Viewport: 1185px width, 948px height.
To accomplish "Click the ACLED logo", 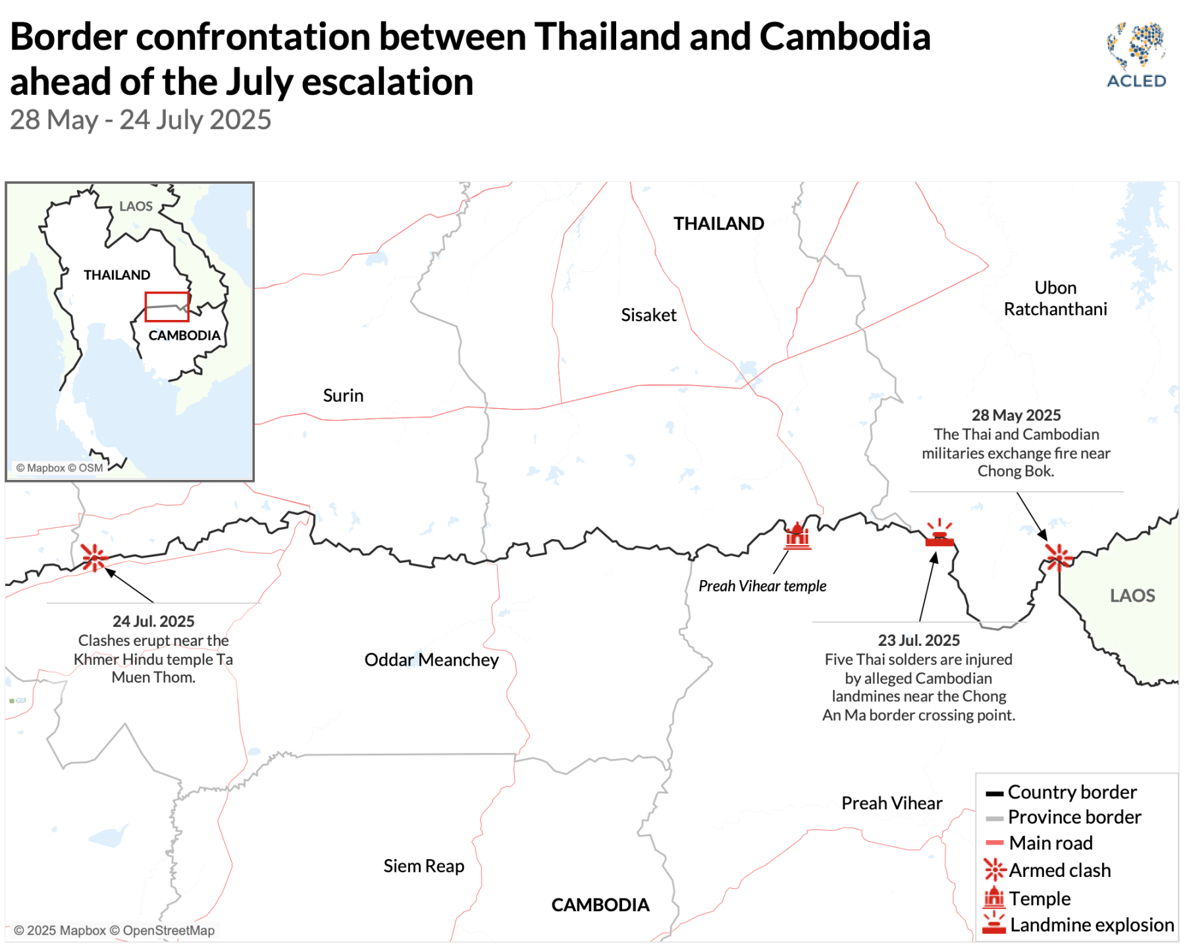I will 1136,55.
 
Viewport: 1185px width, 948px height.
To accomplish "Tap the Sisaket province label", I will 648,315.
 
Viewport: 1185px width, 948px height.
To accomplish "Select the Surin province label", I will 343,396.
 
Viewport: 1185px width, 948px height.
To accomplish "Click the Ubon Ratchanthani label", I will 1055,298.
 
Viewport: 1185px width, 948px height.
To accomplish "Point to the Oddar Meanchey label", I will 431,660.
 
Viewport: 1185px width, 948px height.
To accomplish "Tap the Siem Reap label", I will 424,866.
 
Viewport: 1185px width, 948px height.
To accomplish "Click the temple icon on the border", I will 797,537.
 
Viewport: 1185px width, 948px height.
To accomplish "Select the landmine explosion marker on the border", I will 939,534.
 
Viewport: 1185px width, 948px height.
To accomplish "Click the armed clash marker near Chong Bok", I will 1058,557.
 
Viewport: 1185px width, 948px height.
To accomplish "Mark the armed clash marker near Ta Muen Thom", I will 94,558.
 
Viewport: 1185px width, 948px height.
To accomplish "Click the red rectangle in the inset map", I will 167,307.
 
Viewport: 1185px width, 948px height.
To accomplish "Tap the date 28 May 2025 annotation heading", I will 1016,415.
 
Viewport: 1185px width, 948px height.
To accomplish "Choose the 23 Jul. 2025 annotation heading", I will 918,640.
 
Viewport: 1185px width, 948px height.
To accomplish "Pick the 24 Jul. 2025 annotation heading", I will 153,621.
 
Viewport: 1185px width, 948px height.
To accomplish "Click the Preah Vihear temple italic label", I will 762,586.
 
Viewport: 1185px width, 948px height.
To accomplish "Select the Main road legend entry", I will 1050,843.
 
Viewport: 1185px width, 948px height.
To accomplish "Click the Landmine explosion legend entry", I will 1091,925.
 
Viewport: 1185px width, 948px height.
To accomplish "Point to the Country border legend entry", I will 1071,792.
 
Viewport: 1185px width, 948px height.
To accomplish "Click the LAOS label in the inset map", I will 136,207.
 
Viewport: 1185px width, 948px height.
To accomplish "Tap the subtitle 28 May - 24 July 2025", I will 140,120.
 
